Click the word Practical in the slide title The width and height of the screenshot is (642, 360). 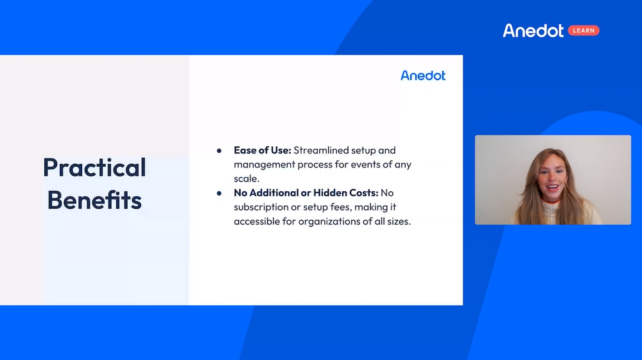[94, 167]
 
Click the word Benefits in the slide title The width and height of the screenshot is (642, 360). [94, 200]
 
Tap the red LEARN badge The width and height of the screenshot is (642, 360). [584, 31]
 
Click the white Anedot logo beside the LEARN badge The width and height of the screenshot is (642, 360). [533, 31]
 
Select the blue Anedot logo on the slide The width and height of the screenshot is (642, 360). [422, 76]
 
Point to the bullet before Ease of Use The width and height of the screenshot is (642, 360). [219, 151]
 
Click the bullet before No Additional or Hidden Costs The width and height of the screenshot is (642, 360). [219, 193]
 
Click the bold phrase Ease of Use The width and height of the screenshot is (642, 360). [262, 150]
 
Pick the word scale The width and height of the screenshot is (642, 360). [246, 178]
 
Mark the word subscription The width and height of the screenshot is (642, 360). [262, 207]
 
